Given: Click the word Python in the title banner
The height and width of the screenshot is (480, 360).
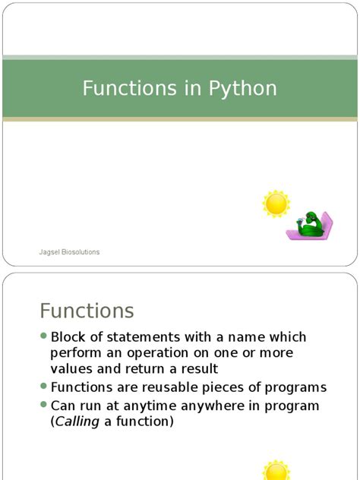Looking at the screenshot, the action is (243, 89).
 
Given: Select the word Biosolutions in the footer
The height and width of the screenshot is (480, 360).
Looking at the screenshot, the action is (81, 252).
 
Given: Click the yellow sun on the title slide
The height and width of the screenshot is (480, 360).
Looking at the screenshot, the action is (276, 204).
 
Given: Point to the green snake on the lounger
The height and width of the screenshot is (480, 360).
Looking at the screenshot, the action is (310, 225).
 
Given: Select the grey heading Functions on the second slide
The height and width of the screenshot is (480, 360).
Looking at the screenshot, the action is (87, 311).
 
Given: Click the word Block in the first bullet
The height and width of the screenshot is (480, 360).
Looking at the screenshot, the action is (68, 337).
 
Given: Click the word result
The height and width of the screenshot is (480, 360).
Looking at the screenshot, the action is (200, 369).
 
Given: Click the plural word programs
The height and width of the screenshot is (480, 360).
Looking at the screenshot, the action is (295, 388).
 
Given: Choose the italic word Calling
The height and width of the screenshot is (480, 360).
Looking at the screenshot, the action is (77, 422).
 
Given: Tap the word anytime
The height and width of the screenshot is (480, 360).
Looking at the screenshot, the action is (150, 406).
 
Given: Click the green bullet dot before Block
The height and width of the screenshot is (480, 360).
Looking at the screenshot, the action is (43, 336).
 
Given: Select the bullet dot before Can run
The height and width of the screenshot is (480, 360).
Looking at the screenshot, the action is (43, 405).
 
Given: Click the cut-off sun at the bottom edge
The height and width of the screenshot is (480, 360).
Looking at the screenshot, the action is (276, 470).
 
